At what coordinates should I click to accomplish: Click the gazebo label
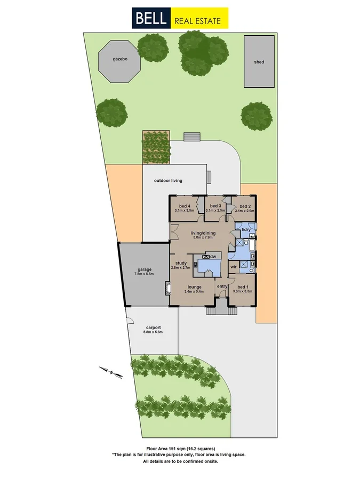[119, 59]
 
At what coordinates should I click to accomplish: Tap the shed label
[259, 62]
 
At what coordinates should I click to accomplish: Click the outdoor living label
[168, 181]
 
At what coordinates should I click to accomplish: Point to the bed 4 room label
[185, 206]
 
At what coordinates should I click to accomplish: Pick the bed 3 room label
[215, 206]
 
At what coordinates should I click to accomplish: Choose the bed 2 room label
[245, 206]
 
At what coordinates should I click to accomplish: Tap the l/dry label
[246, 230]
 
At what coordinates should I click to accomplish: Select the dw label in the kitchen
[213, 257]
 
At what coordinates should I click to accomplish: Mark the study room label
[180, 262]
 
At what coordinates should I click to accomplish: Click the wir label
[234, 266]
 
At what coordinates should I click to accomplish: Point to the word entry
[221, 287]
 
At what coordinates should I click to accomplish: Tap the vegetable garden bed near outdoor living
[156, 147]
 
